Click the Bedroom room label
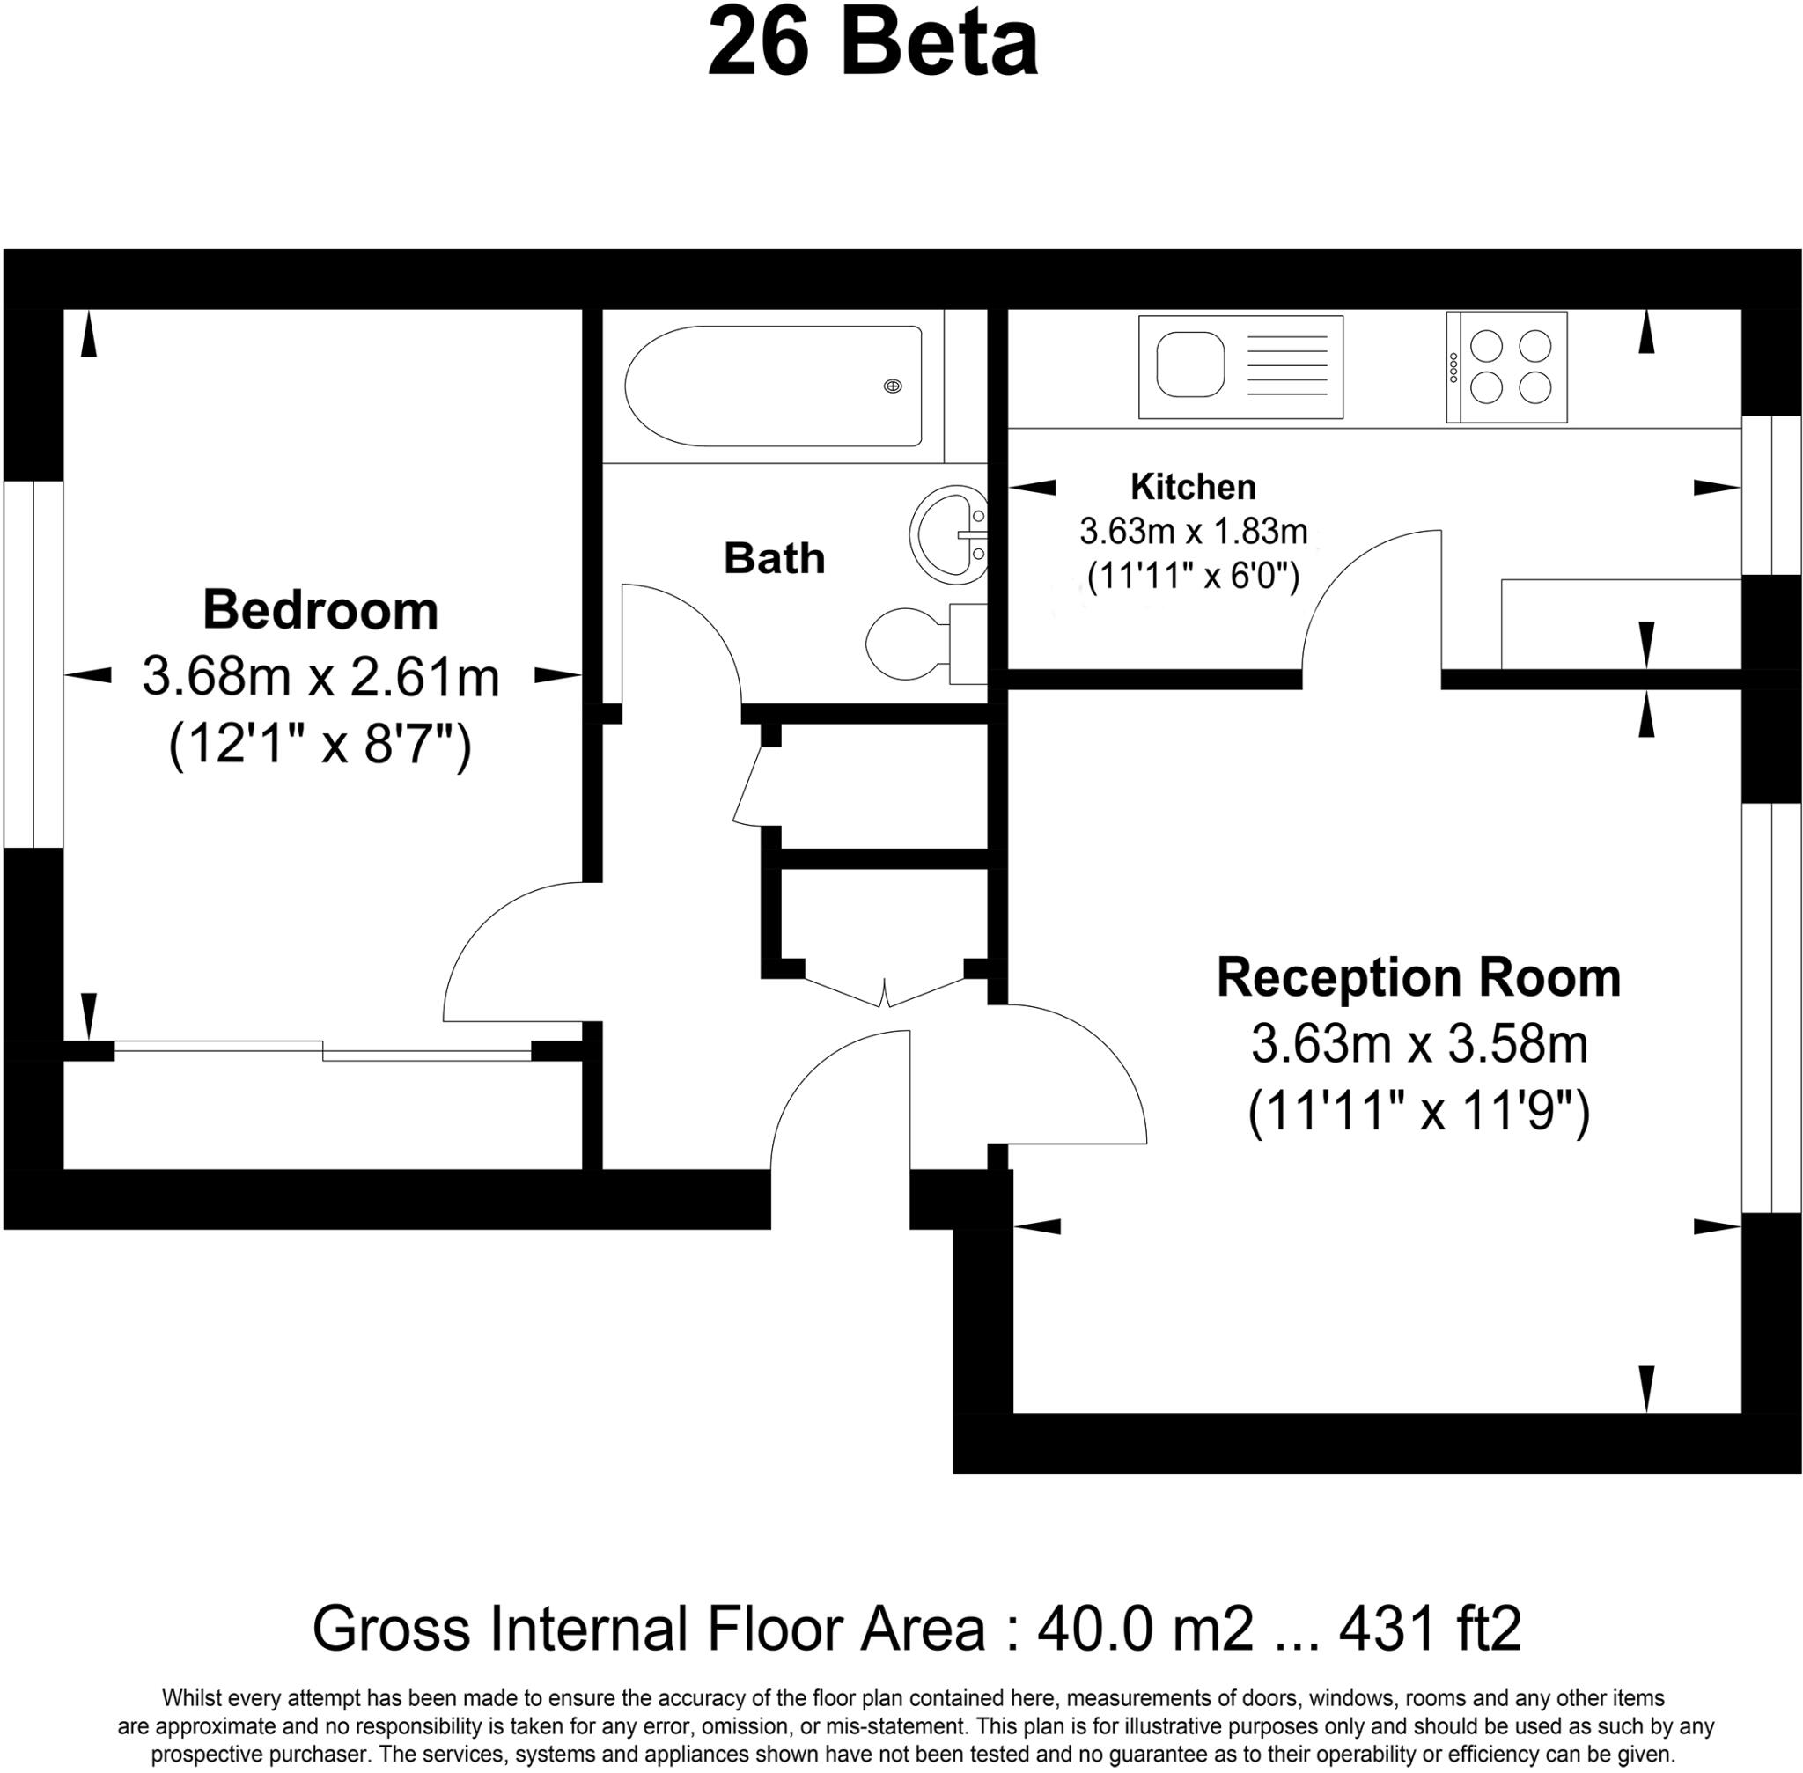pyautogui.click(x=320, y=611)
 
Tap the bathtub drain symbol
pyautogui.click(x=892, y=386)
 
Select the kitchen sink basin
pyautogui.click(x=1189, y=364)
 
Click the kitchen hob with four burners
pyautogui.click(x=1510, y=367)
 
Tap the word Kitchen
pyautogui.click(x=1192, y=486)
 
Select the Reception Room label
pyautogui.click(x=1417, y=978)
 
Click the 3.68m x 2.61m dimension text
pyautogui.click(x=320, y=677)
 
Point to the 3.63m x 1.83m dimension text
pyautogui.click(x=1192, y=532)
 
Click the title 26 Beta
pyautogui.click(x=872, y=45)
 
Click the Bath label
pyautogui.click(x=774, y=559)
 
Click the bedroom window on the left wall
pyautogui.click(x=33, y=664)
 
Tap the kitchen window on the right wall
pyautogui.click(x=1770, y=495)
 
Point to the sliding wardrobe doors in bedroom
pyautogui.click(x=322, y=1049)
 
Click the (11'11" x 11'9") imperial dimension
pyautogui.click(x=1417, y=1110)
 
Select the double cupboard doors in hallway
pyautogui.click(x=884, y=993)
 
